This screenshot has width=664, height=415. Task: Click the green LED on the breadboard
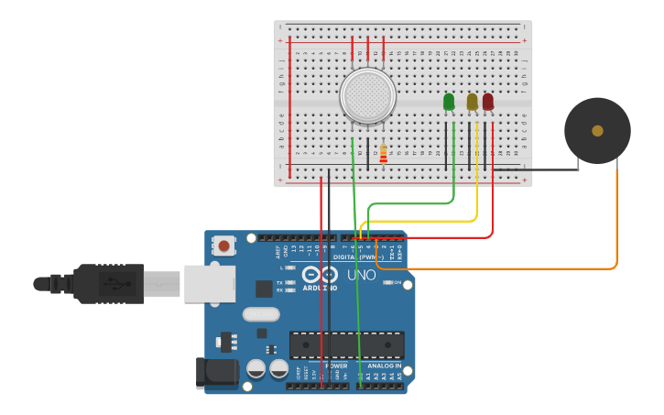(x=449, y=102)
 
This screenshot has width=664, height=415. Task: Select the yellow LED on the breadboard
(x=473, y=102)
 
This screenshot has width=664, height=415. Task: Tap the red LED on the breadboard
(x=488, y=102)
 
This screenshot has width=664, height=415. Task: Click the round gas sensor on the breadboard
(x=367, y=95)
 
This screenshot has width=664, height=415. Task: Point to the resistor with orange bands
(x=383, y=154)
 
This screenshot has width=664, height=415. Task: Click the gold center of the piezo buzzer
(x=597, y=131)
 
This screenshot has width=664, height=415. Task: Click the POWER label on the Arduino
(x=337, y=366)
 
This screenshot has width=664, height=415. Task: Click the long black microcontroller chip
(x=346, y=344)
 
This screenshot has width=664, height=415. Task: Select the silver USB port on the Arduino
(x=210, y=283)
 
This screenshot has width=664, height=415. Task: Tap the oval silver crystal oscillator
(x=261, y=314)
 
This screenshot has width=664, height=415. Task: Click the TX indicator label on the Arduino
(x=280, y=282)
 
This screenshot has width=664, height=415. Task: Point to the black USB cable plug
(x=108, y=283)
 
